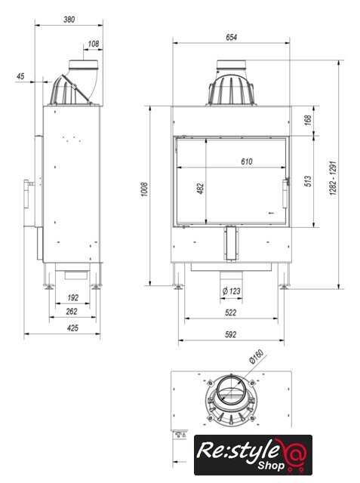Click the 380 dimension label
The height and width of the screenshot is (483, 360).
click(69, 20)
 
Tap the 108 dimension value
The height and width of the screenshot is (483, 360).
click(94, 44)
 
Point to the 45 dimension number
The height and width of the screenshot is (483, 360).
click(20, 76)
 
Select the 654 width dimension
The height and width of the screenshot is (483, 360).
click(231, 37)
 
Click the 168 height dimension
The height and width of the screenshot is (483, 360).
click(308, 120)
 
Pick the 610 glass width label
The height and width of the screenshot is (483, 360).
click(247, 162)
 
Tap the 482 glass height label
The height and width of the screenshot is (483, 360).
click(200, 189)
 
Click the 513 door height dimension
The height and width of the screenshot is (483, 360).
click(308, 181)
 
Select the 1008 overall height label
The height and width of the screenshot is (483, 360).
click(144, 189)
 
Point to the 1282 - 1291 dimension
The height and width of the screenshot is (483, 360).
click(333, 178)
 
